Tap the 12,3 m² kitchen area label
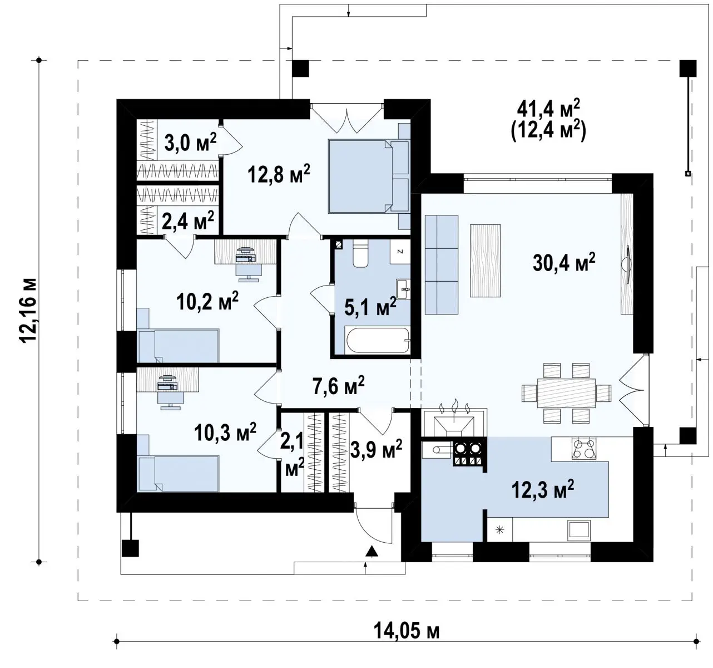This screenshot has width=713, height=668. click(542, 489)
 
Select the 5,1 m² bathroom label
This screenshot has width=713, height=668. click(370, 307)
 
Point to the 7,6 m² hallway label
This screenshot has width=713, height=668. click(339, 386)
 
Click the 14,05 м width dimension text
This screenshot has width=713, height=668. click(407, 631)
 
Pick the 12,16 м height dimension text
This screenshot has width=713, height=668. click(29, 311)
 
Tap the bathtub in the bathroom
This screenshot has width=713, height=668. click(377, 340)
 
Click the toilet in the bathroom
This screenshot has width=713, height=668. click(360, 254)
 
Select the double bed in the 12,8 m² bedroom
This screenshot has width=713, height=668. click(369, 176)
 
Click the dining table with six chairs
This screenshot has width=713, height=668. click(566, 393)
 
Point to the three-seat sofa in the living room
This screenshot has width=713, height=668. click(441, 265)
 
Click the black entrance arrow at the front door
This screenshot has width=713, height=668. click(372, 551)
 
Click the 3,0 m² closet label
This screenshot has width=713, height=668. click(191, 143)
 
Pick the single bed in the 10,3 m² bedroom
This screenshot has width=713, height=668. click(179, 473)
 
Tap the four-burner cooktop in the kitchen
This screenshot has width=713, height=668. click(584, 449)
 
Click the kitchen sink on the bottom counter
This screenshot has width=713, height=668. click(579, 531)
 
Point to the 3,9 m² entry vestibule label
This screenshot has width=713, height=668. click(376, 449)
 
